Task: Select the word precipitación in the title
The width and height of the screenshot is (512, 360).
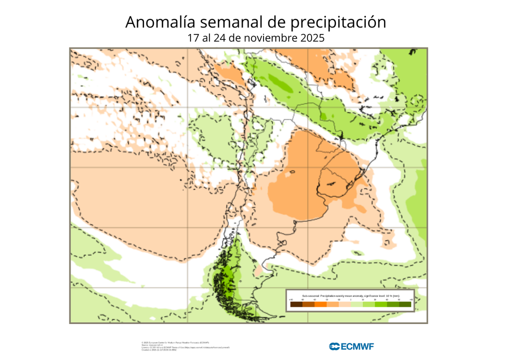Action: [x=339, y=22]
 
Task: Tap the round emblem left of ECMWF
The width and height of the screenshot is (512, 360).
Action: [x=334, y=346]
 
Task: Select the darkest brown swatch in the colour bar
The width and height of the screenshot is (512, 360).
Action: [x=296, y=304]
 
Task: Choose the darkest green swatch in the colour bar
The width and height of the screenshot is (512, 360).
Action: [x=405, y=304]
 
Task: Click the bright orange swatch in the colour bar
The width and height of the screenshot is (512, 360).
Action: [x=320, y=304]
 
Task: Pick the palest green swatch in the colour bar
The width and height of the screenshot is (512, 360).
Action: [x=356, y=304]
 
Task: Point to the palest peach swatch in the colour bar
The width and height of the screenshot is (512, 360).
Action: [x=344, y=304]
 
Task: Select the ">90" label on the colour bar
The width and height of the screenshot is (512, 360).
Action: [x=411, y=299]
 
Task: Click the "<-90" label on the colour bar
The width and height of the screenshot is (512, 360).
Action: [x=291, y=299]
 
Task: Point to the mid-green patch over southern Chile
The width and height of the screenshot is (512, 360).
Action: [x=227, y=275]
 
